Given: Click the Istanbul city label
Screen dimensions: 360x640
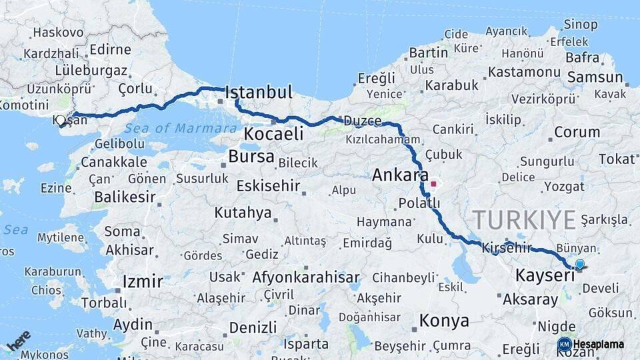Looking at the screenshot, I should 259,92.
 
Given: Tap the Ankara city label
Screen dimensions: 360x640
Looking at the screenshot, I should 400,175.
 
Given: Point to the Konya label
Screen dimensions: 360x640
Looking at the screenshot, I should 443,321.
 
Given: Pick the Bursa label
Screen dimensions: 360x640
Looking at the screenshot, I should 251,157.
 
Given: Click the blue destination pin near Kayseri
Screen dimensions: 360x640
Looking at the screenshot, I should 579,265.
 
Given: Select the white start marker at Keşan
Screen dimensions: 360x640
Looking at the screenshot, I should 61,121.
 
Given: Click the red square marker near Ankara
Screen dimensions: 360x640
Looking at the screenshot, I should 433,183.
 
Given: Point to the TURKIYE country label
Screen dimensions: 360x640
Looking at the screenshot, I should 524,219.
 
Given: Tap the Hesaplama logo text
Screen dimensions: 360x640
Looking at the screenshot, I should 598,345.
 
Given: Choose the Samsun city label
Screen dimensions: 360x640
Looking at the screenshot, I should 595,77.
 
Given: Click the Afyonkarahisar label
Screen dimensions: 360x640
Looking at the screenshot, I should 306,277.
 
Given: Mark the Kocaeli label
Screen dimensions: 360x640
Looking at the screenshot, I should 274,134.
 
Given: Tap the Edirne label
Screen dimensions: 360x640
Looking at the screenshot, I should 110,49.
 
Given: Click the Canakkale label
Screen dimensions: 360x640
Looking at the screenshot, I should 113,162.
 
